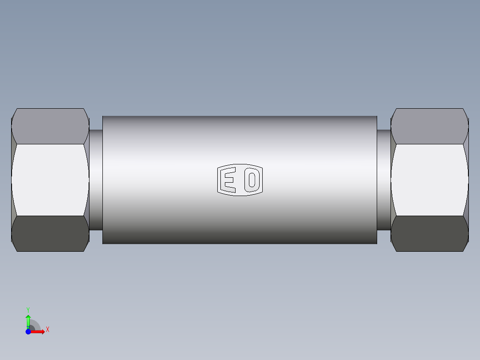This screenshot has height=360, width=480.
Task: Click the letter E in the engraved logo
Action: point(229,180)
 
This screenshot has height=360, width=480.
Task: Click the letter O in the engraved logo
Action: point(252,180)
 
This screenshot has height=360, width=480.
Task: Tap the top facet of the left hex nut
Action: point(50,126)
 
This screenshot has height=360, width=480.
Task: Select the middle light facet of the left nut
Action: point(50,180)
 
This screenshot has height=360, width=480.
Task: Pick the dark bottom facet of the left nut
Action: point(50,233)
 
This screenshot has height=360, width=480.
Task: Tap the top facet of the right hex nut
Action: point(430,126)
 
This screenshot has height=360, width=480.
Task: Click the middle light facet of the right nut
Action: point(430,180)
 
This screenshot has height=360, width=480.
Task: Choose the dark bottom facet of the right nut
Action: point(430,233)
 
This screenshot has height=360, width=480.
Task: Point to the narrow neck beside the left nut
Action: point(96,180)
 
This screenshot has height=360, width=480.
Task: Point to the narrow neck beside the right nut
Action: point(383,180)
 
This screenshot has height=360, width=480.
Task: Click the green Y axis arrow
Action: point(28,319)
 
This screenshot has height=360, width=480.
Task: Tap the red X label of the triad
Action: point(48,330)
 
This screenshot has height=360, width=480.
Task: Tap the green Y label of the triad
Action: point(28,309)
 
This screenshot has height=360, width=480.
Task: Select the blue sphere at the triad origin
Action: point(28,331)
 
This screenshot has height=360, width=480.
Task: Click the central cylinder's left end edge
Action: point(103,180)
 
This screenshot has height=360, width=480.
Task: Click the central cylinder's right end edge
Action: point(377,180)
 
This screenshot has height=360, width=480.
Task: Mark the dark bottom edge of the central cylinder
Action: point(240,243)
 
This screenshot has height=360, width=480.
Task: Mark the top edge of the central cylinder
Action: point(240,116)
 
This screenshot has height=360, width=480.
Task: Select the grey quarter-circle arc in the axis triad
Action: point(37,325)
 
